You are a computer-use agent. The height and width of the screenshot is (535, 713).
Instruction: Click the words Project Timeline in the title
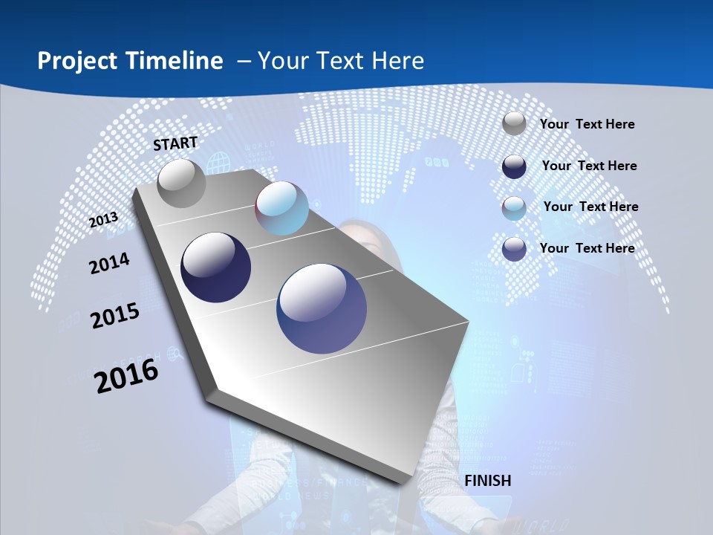[130, 61]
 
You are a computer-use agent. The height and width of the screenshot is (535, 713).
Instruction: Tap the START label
[175, 143]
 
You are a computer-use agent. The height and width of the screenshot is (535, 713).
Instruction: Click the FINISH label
[488, 481]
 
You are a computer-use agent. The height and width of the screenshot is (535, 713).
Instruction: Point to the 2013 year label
[103, 219]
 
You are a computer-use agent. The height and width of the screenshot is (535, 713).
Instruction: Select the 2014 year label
[109, 264]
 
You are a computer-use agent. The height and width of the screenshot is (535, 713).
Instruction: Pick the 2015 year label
[115, 316]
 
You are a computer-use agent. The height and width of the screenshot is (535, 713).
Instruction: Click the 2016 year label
[126, 375]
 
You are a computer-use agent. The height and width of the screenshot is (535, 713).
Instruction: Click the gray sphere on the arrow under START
[181, 183]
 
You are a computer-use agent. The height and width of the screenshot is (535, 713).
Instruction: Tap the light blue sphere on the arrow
[281, 208]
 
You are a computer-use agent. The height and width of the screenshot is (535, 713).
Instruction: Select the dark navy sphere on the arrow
[216, 267]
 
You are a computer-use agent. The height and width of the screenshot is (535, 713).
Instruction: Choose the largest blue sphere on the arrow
[322, 308]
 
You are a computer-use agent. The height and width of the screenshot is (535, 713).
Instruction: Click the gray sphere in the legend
[514, 123]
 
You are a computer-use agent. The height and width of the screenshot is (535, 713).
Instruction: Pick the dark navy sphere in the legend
[514, 166]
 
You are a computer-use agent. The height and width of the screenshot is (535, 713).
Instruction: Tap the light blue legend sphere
[514, 208]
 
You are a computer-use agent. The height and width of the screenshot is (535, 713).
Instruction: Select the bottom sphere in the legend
[514, 249]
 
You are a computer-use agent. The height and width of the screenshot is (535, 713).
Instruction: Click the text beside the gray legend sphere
[587, 124]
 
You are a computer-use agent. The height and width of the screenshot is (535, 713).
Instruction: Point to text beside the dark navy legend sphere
[589, 166]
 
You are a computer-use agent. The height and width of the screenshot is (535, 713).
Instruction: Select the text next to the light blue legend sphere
[590, 207]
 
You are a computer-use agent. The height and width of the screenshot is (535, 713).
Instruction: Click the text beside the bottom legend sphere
[587, 248]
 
